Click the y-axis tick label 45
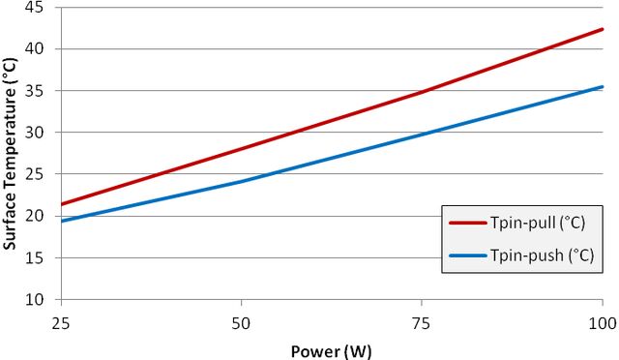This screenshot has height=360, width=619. coord(34,7)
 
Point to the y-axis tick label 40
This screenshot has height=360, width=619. coord(34,49)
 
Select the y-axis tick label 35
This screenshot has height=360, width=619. coord(34,91)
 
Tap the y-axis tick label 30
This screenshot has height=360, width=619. coord(34,133)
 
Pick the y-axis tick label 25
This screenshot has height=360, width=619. coord(34,174)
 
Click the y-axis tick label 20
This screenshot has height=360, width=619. coord(34,216)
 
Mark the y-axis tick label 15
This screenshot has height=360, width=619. coord(34,257)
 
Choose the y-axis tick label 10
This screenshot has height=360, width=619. coord(34,299)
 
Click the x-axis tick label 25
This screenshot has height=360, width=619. coord(61,323)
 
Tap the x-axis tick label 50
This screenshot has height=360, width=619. coord(241,323)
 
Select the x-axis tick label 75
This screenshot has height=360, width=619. coord(422,323)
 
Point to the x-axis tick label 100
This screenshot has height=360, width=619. coord(603,323)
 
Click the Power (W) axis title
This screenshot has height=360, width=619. coord(331,351)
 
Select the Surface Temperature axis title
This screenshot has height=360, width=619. coord(10,154)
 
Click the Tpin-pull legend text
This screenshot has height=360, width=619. coord(538,223)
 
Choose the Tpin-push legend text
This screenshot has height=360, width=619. coord(542,255)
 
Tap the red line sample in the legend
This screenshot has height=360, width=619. coord(468,223)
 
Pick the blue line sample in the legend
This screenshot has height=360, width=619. coord(468,255)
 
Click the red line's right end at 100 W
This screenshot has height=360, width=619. coord(603,29)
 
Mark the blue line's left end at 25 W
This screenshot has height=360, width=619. coord(62,221)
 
